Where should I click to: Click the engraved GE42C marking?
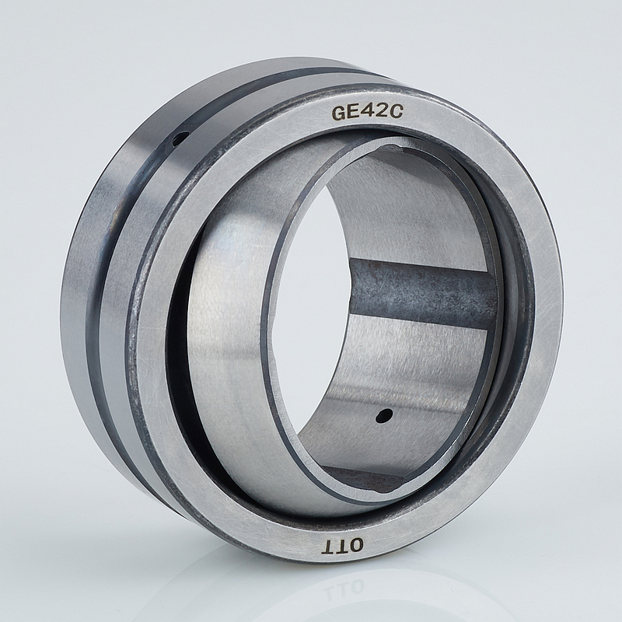pos(367,113)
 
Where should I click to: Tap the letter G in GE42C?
pos(340,114)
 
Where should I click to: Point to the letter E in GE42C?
pos(355,113)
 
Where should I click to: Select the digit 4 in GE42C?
pos(369,113)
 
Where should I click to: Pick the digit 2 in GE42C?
pos(382,112)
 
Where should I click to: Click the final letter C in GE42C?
pos(397,112)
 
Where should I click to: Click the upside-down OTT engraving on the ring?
pos(344,546)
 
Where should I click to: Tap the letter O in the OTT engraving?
pos(355,546)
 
